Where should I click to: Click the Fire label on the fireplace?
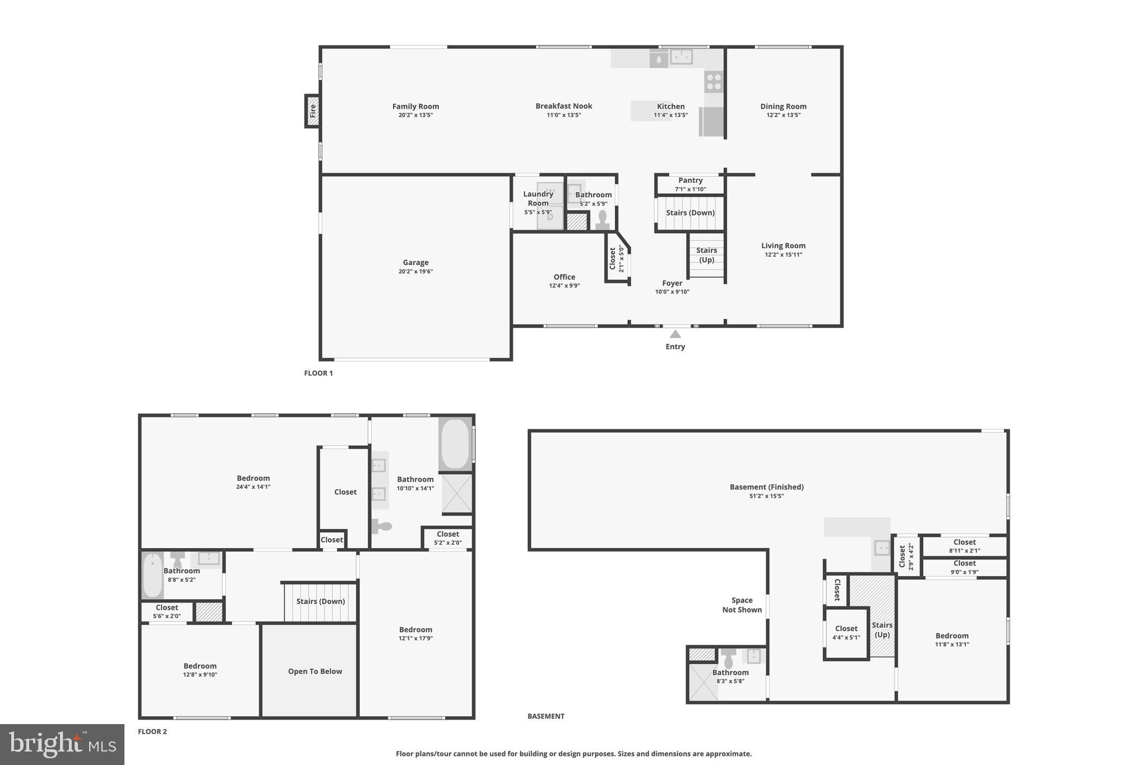tap(313, 110)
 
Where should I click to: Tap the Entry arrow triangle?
tap(675, 334)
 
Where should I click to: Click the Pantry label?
tap(690, 180)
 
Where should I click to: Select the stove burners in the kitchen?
tap(714, 82)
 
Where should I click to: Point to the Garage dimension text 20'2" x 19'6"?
tap(415, 272)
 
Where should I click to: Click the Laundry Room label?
tap(538, 198)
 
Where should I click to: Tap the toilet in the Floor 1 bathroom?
tap(603, 220)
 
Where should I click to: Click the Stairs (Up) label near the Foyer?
tap(706, 255)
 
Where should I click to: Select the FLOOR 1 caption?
tap(318, 373)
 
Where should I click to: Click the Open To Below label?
tap(315, 671)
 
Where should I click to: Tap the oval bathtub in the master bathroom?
tap(455, 444)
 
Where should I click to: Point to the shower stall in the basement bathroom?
tap(703, 682)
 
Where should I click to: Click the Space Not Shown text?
tap(742, 605)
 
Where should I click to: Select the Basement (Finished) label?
tap(766, 487)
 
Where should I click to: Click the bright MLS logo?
tap(62, 744)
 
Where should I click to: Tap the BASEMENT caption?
tap(545, 716)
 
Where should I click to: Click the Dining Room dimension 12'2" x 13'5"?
tap(783, 115)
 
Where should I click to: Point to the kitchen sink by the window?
tap(682, 57)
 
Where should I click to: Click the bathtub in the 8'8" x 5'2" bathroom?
tap(152, 576)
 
